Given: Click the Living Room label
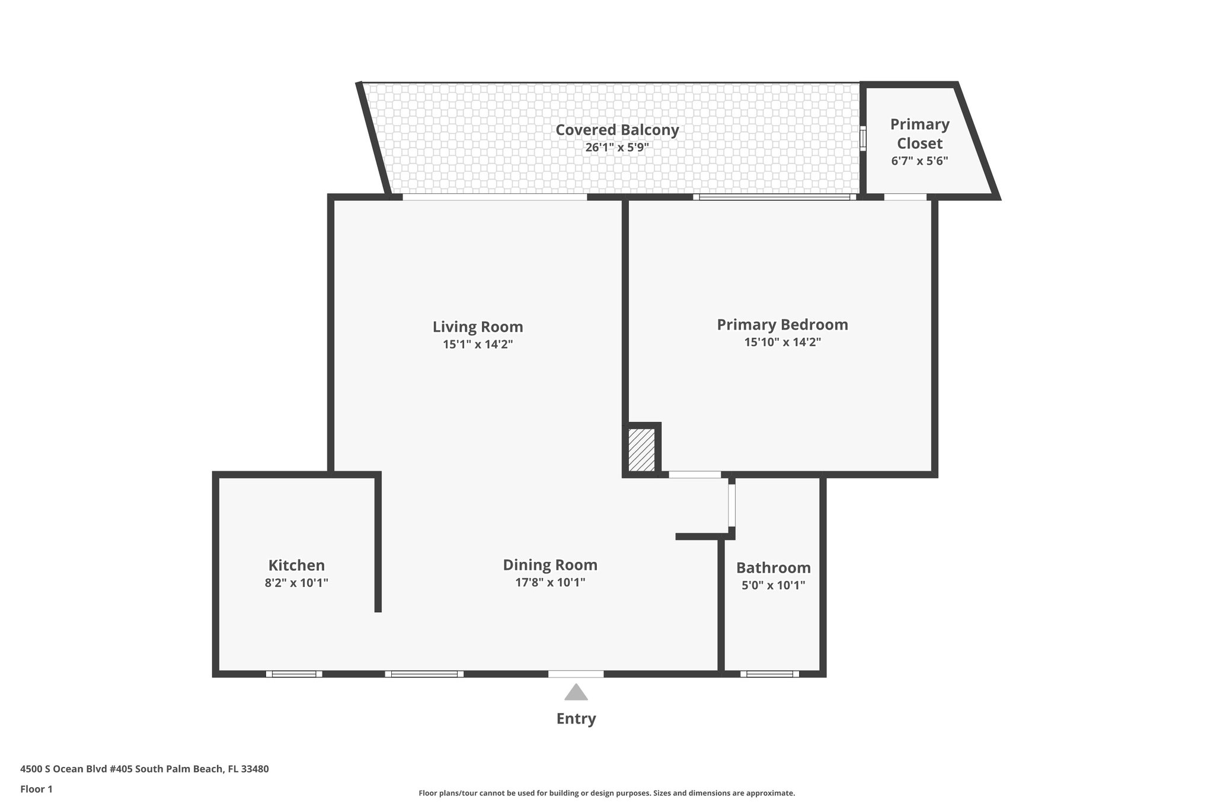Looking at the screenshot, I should (x=477, y=327).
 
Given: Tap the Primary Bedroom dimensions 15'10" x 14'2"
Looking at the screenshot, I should (x=782, y=342).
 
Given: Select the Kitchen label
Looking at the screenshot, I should (x=296, y=565).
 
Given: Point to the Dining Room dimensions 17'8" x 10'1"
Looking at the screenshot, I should (x=550, y=583).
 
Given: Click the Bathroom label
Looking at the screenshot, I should (x=773, y=568).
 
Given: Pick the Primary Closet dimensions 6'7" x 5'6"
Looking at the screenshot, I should (x=919, y=161).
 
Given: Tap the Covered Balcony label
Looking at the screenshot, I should (x=616, y=130).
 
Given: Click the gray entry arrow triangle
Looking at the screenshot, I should (x=576, y=692).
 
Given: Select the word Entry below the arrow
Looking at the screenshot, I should (x=576, y=719).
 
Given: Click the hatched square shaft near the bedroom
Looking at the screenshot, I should (x=641, y=450).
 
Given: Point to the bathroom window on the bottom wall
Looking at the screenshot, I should (x=769, y=674).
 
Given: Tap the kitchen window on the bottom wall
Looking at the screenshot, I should (x=294, y=674).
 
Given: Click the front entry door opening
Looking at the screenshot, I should (x=576, y=674).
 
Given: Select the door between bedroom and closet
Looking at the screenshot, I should (x=905, y=197).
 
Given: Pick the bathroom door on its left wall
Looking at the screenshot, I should (x=731, y=505).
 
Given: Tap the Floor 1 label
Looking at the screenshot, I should (x=36, y=789).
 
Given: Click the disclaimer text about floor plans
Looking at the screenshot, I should (x=606, y=793).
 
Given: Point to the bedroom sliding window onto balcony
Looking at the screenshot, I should (x=774, y=197).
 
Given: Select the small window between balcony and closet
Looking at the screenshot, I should (x=863, y=138).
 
